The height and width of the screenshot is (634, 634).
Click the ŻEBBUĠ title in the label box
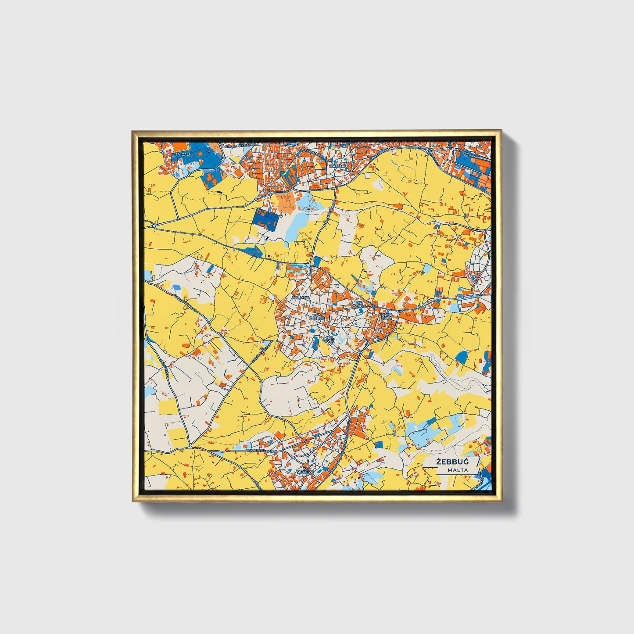pos(451,462)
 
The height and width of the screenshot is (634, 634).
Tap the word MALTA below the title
pos(458,470)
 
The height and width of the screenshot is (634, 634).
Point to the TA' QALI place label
pos(183,155)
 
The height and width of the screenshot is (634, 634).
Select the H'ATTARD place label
pos(338,167)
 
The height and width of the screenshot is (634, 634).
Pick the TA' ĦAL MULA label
pos(387,316)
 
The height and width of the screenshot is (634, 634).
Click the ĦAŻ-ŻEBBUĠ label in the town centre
pos(317,316)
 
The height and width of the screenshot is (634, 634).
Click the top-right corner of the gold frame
pos(500,131)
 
